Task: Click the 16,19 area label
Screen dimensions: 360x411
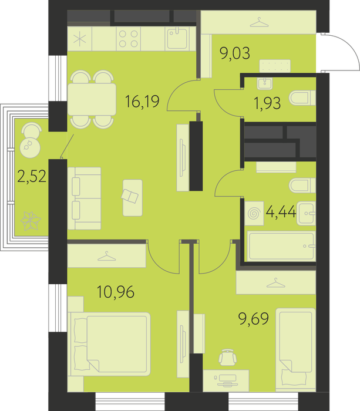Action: click(x=142, y=102)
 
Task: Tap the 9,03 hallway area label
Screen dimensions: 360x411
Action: click(x=235, y=53)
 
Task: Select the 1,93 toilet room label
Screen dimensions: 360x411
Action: click(x=267, y=103)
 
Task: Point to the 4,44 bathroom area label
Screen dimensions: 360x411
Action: click(x=281, y=211)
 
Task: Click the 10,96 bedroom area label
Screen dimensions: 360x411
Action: click(x=116, y=292)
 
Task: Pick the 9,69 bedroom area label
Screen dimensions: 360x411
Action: click(x=254, y=318)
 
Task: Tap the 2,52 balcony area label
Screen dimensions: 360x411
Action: click(x=32, y=176)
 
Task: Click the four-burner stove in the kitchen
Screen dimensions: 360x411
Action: click(x=128, y=39)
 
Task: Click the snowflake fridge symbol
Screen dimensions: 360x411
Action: click(x=79, y=39)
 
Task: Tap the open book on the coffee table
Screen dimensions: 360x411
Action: click(x=130, y=196)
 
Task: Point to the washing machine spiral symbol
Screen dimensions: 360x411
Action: click(x=254, y=213)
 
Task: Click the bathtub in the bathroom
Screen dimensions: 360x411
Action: click(x=281, y=247)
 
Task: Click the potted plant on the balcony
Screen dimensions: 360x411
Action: click(x=31, y=221)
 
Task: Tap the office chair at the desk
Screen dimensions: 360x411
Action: click(x=228, y=357)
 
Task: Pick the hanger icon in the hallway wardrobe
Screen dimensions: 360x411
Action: click(x=260, y=22)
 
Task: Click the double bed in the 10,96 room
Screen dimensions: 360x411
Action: click(x=109, y=344)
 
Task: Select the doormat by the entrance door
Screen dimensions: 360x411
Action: click(x=275, y=66)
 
